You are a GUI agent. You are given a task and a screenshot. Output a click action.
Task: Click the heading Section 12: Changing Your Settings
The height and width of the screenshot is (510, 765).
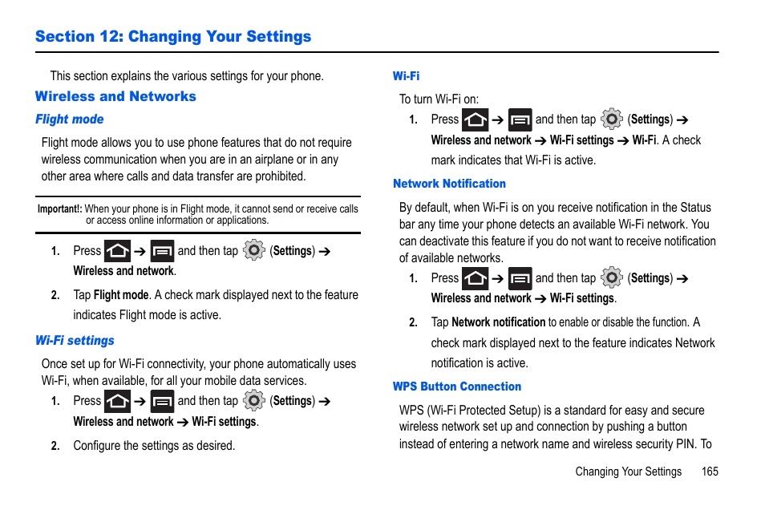tap(173, 36)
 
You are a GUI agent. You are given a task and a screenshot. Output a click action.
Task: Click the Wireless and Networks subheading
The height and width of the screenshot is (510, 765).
tap(115, 96)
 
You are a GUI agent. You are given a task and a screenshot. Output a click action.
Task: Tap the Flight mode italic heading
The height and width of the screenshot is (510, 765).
tap(70, 119)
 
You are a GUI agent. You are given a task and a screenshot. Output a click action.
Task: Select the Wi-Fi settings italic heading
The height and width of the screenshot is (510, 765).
tap(75, 341)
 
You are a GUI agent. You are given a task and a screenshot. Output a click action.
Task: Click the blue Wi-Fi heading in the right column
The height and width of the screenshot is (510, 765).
tap(406, 76)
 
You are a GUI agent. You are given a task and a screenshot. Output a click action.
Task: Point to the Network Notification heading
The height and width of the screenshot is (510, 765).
tap(449, 184)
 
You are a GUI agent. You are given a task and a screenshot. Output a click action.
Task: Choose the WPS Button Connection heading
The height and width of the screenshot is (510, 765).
tap(457, 387)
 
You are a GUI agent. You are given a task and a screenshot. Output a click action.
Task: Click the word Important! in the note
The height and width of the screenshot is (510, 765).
tap(59, 209)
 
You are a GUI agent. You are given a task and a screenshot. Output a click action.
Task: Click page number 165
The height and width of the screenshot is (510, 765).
tap(709, 472)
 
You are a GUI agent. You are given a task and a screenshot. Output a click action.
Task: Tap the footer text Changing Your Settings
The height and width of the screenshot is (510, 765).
tap(628, 472)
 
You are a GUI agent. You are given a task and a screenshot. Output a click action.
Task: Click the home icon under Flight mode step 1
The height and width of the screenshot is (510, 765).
tap(117, 251)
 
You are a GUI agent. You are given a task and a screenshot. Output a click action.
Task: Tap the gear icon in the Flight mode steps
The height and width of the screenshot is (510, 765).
tap(253, 250)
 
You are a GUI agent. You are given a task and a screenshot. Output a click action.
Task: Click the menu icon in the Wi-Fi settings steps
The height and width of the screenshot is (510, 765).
tap(162, 401)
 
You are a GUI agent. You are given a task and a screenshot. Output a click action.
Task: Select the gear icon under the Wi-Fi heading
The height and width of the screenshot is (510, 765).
tap(611, 119)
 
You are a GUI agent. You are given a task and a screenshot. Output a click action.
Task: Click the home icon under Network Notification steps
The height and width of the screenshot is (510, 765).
tap(475, 278)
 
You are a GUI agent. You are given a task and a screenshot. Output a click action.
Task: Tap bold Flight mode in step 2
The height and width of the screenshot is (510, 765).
tap(121, 295)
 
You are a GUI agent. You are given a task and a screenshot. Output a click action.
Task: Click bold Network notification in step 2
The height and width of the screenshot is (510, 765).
tap(498, 322)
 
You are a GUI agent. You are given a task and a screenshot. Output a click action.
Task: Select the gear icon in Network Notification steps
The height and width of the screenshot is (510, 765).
tap(611, 278)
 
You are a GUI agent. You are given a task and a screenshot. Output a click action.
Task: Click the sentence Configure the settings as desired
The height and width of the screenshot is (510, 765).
tap(154, 446)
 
